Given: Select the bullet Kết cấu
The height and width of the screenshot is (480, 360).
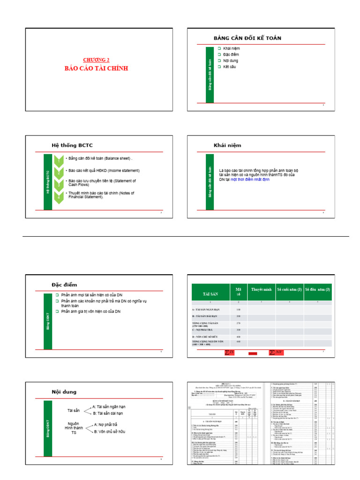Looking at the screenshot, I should (229, 67).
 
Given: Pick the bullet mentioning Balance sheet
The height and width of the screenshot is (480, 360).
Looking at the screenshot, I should (99, 158).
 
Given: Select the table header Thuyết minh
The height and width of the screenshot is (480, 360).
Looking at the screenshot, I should (262, 290).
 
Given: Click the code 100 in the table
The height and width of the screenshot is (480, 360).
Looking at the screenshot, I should (238, 310).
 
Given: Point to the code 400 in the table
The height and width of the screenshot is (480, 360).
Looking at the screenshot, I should (238, 337).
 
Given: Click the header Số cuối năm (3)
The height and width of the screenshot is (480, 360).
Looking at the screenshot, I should (290, 290).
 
